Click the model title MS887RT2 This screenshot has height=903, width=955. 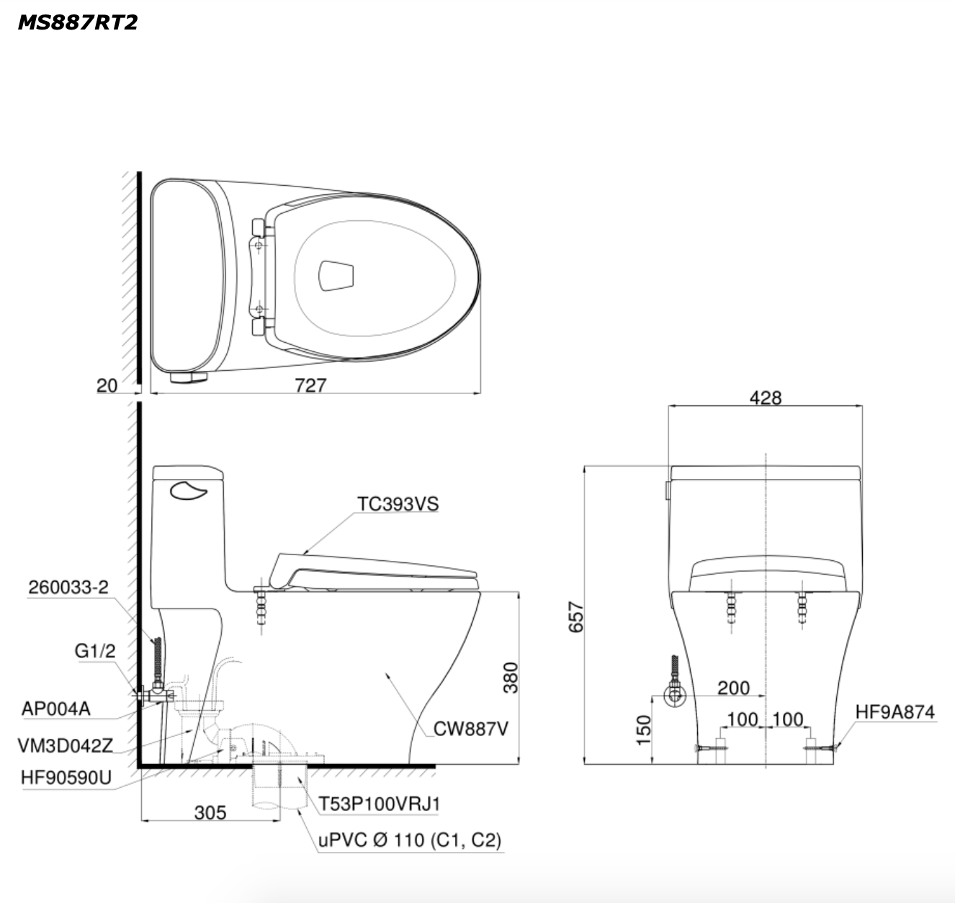pos(77,22)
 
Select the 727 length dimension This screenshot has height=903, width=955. pos(310,385)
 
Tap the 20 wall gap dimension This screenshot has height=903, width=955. pos(107,386)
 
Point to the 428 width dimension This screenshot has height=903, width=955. pos(765,397)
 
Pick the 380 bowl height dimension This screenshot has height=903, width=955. pos(510,677)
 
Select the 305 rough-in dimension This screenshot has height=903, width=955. pos(210,812)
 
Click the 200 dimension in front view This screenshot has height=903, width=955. pos(733,688)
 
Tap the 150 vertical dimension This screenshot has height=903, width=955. pos(644,729)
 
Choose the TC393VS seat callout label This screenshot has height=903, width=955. pos(398,504)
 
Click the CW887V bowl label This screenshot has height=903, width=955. pos(471,729)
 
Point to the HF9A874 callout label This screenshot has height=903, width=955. pos(895,712)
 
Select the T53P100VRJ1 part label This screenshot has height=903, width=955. pos(379,804)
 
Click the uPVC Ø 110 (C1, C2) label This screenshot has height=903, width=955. pos(410,840)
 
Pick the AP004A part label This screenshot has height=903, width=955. pos(56,709)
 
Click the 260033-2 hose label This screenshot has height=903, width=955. pos(68,587)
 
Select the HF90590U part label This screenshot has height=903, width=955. pos(66,779)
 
